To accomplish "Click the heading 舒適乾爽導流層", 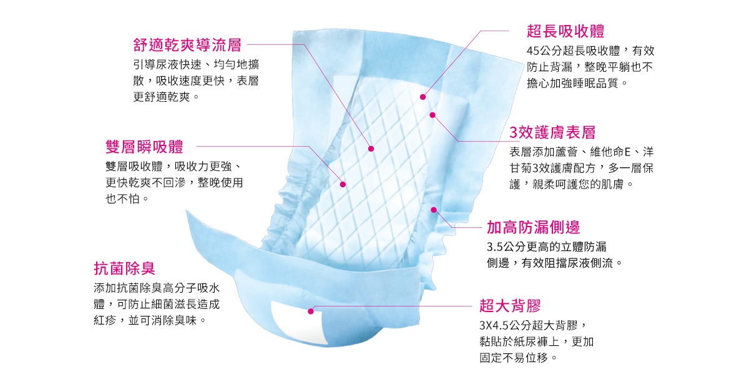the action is click(187, 45).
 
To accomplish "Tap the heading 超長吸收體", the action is click(565, 31).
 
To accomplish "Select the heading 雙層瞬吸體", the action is click(144, 147).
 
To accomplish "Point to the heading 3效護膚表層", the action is click(552, 132).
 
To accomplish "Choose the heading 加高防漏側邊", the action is click(533, 227).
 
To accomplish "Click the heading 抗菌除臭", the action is click(124, 268).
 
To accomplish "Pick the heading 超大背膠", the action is click(510, 305).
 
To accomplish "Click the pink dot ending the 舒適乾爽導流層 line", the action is click(371, 149).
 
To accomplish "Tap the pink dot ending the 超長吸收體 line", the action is click(423, 97).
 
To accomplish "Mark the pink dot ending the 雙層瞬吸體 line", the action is click(343, 184).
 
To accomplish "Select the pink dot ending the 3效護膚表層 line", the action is click(433, 115).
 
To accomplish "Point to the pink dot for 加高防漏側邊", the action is click(434, 210).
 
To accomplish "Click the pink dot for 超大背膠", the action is click(311, 311).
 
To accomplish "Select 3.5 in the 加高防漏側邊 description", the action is click(494, 247).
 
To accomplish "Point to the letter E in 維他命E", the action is click(627, 152).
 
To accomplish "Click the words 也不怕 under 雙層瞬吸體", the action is click(122, 199).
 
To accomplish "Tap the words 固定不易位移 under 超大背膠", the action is click(514, 358).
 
